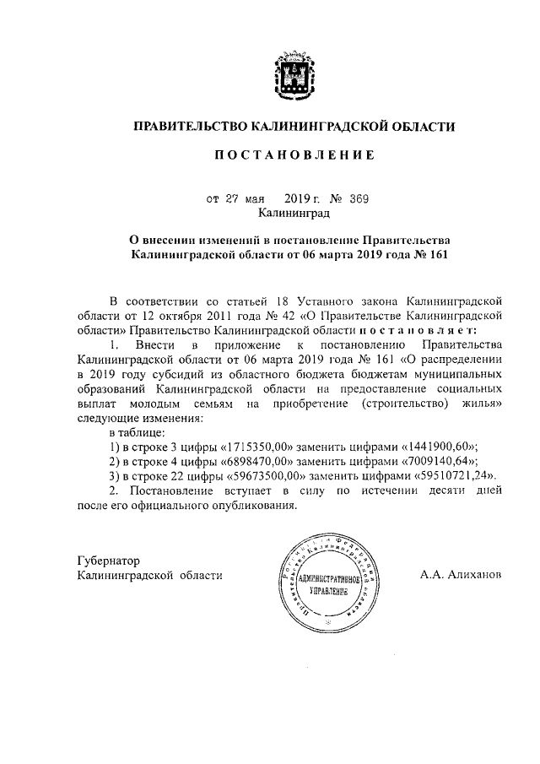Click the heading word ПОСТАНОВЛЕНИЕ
[x=294, y=155]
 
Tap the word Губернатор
[x=108, y=561]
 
